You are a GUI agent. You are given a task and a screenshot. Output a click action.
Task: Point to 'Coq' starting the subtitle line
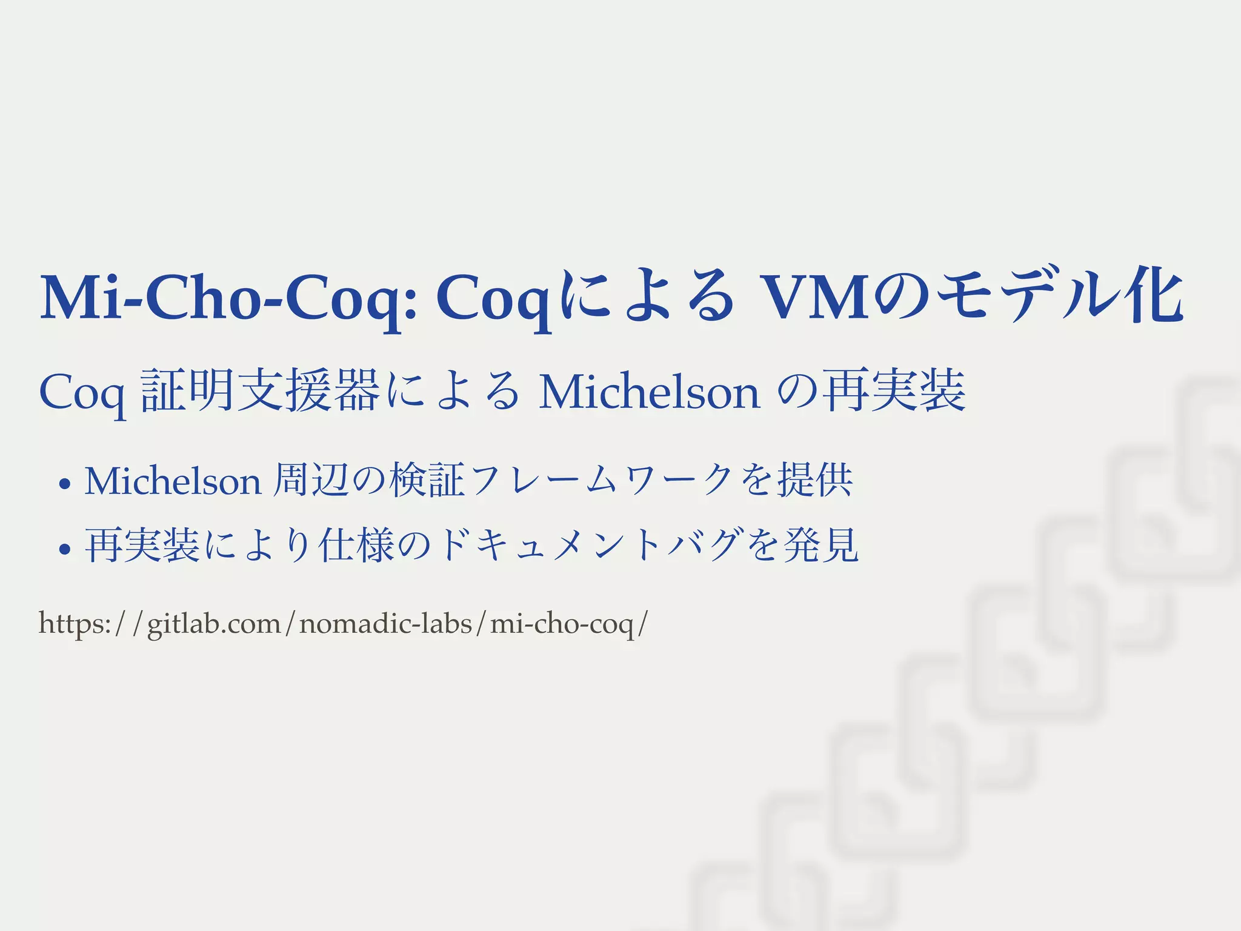pyautogui.click(x=82, y=393)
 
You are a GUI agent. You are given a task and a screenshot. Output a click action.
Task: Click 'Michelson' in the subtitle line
pyautogui.click(x=649, y=393)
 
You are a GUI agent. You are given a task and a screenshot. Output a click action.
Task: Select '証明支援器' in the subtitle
pyautogui.click(x=260, y=391)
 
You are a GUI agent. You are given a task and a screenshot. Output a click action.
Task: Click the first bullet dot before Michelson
pyautogui.click(x=64, y=484)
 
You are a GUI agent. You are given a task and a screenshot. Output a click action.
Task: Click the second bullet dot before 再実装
pyautogui.click(x=64, y=549)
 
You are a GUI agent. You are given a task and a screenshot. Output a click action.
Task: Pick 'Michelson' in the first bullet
pyautogui.click(x=173, y=481)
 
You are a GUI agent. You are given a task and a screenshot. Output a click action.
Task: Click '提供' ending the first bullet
pyautogui.click(x=815, y=480)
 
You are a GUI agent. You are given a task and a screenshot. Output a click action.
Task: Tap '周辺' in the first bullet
pyautogui.click(x=310, y=480)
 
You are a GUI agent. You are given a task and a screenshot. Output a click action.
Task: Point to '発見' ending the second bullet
pyautogui.click(x=821, y=545)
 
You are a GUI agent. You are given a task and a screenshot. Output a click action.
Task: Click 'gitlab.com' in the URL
pyautogui.click(x=214, y=624)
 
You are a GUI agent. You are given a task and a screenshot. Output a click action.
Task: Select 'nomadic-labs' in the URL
pyautogui.click(x=385, y=624)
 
